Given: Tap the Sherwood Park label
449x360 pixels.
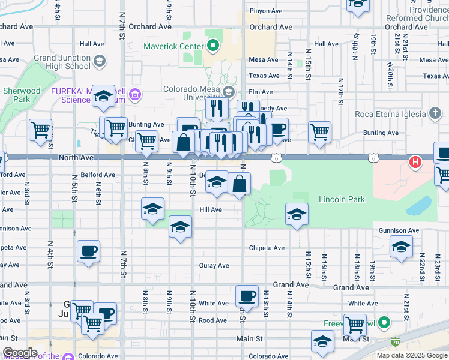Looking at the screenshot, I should (x=21, y=95).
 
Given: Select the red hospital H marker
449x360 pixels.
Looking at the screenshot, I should (x=415, y=161).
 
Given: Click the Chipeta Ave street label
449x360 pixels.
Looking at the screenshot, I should (x=267, y=248).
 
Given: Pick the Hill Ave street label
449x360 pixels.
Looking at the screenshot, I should (x=211, y=210).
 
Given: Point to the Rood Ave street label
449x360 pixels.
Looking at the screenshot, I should (x=212, y=320).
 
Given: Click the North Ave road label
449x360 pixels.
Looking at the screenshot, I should (x=77, y=157).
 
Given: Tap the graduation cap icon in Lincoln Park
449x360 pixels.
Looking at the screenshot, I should (x=297, y=214).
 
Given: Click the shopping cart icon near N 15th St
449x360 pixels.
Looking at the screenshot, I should (x=320, y=131).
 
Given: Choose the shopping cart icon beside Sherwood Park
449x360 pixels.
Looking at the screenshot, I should (x=40, y=129).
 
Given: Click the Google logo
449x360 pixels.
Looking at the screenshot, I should (x=20, y=353).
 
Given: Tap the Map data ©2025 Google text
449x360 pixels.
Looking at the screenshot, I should (x=411, y=355).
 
